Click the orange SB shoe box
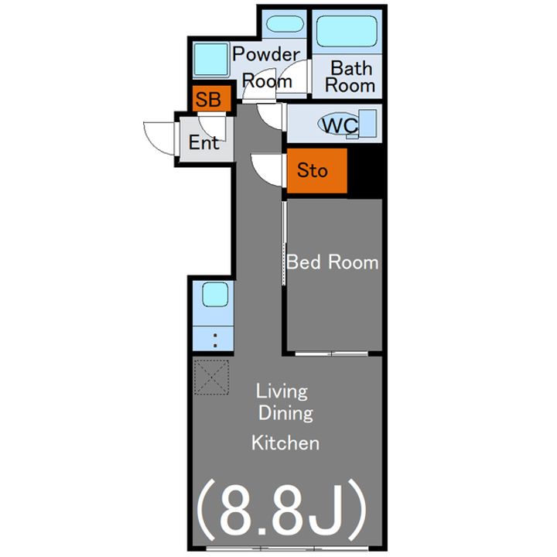coord(212,98)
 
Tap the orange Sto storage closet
coord(317,170)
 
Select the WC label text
coord(340,125)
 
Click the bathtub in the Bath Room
coord(347,31)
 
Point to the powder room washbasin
coord(285,24)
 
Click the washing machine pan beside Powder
coord(211,60)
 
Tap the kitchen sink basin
coord(215,294)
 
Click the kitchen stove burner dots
coord(215,340)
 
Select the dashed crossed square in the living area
coord(211,377)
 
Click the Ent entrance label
coord(203,142)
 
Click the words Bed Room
coord(333,262)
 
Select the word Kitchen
coord(285,443)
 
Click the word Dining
coord(285,413)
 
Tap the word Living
coord(282,391)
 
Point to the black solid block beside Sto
coord(365,170)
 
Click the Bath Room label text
coord(350,77)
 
